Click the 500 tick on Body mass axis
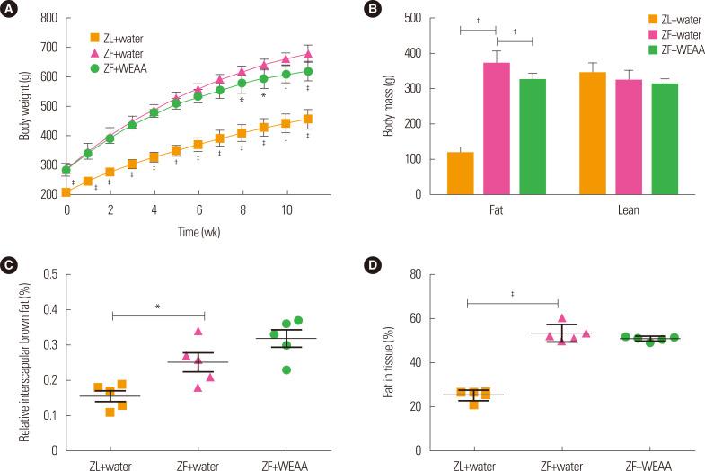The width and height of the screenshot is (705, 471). point(411,18)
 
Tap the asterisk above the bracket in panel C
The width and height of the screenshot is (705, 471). point(158,307)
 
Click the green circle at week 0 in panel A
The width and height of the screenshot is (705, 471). point(66,170)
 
